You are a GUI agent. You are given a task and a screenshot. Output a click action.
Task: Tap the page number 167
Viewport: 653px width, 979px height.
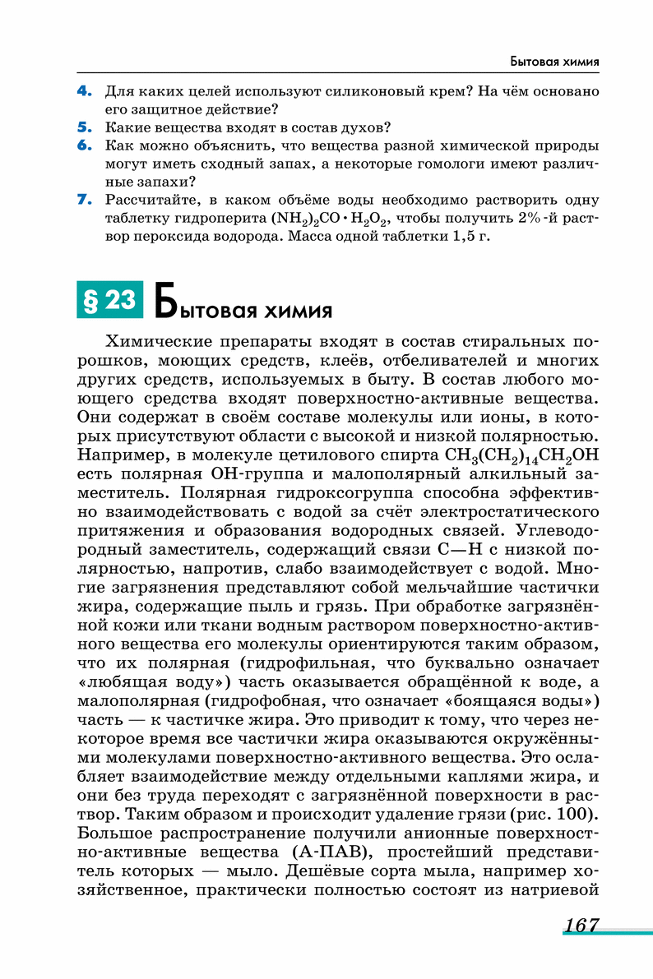581,926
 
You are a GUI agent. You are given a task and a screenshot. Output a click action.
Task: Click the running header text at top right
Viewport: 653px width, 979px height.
553,62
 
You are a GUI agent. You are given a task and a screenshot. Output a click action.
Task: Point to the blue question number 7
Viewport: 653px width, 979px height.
83,200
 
